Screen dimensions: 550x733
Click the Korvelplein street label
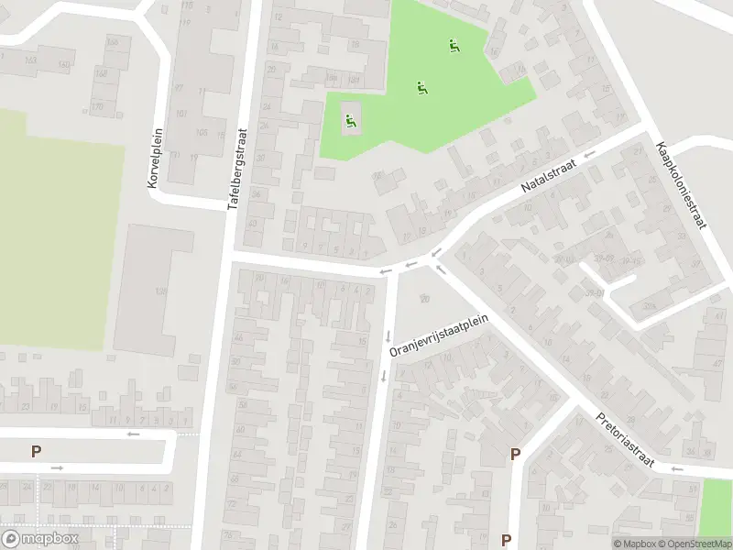click(x=154, y=159)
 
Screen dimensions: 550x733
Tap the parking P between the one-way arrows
click(x=37, y=451)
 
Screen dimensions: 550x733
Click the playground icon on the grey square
click(x=350, y=118)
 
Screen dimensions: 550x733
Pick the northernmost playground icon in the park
click(x=452, y=45)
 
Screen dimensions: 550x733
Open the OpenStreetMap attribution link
click(x=695, y=544)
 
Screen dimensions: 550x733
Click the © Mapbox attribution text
click(x=635, y=544)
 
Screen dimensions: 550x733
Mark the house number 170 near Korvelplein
click(x=97, y=106)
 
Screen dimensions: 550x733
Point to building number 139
click(x=161, y=291)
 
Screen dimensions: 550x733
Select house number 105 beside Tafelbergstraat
click(x=201, y=133)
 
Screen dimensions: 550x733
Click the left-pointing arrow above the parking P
click(x=133, y=434)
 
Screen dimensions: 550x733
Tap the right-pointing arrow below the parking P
click(x=57, y=468)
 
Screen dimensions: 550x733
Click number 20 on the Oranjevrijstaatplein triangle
click(x=423, y=297)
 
